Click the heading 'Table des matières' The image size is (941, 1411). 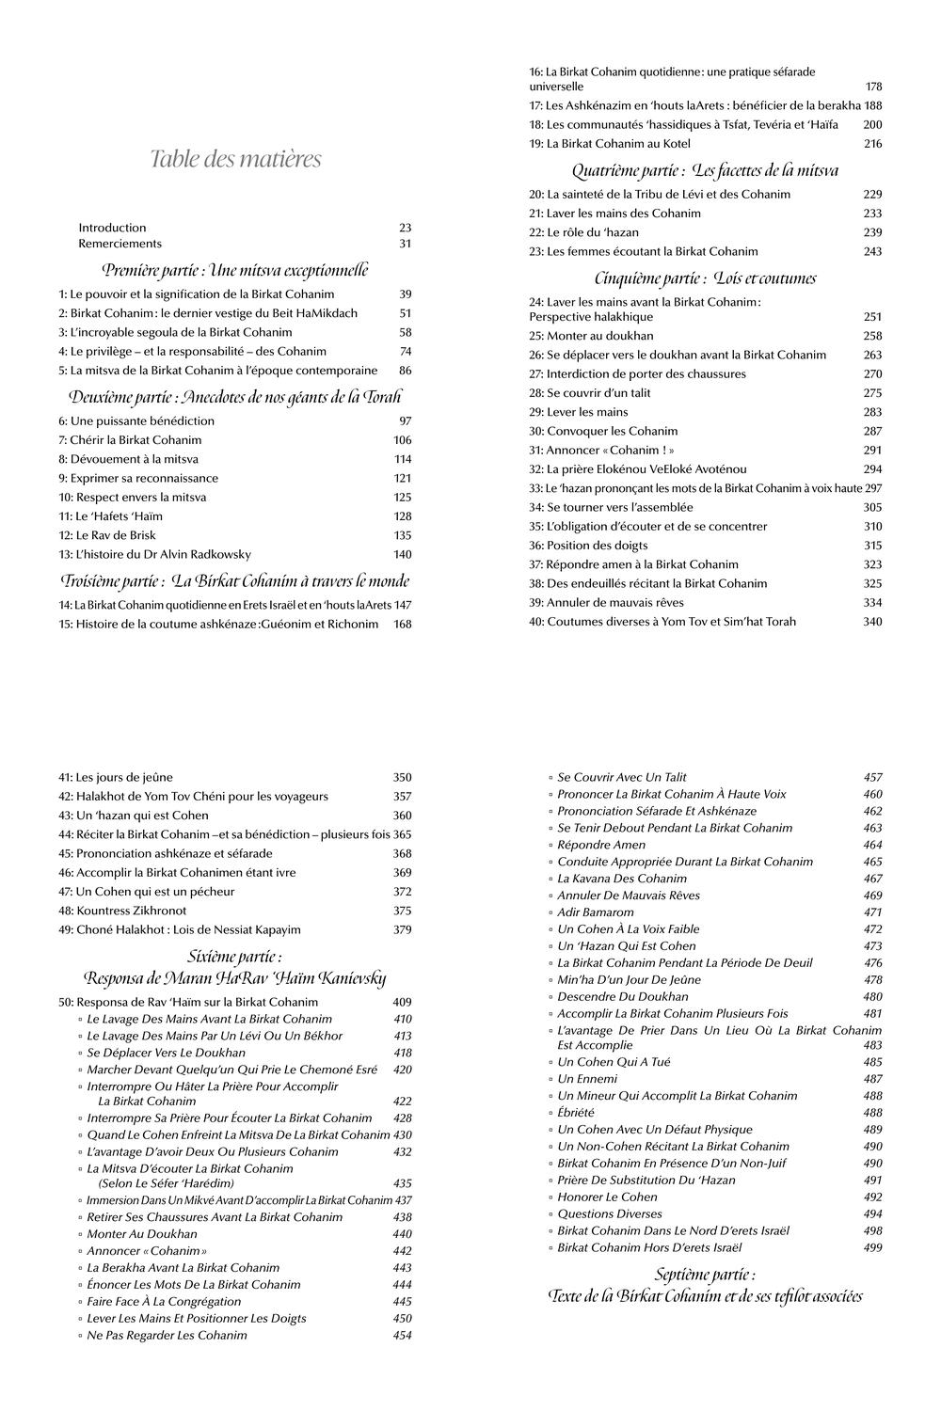tap(235, 159)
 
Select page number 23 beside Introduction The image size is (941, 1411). tap(405, 228)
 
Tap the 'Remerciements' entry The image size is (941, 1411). tap(120, 244)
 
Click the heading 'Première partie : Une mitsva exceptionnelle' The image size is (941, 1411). tap(235, 270)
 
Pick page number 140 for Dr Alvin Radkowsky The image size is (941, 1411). tap(403, 554)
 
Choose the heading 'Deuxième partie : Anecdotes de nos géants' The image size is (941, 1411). tap(235, 396)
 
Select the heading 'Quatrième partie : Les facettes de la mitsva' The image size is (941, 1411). tap(705, 170)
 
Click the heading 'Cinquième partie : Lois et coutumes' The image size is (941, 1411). tap(705, 278)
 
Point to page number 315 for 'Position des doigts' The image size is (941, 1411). tap(872, 546)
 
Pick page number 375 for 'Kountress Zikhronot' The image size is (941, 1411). tap(402, 911)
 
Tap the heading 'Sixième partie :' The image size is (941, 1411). tap(234, 957)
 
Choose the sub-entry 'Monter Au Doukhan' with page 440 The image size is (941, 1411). tap(142, 1234)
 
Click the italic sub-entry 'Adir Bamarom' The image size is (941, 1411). tap(596, 912)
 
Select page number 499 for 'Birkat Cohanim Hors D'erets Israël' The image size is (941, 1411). tap(872, 1248)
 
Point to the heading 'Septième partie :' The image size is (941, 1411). tap(705, 1275)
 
